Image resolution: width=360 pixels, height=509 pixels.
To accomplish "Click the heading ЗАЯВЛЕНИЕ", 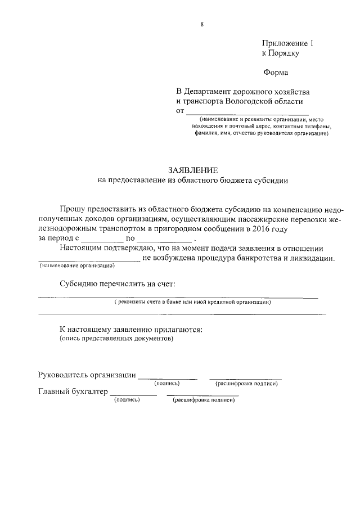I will [x=193, y=170].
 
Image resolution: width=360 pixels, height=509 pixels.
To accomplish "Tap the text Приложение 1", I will [x=287, y=43].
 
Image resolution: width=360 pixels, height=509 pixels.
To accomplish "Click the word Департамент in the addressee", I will [x=215, y=91].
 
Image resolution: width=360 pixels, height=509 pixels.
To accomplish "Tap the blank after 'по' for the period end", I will [x=168, y=240].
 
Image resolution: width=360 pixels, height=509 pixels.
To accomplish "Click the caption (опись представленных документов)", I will [x=116, y=339].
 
